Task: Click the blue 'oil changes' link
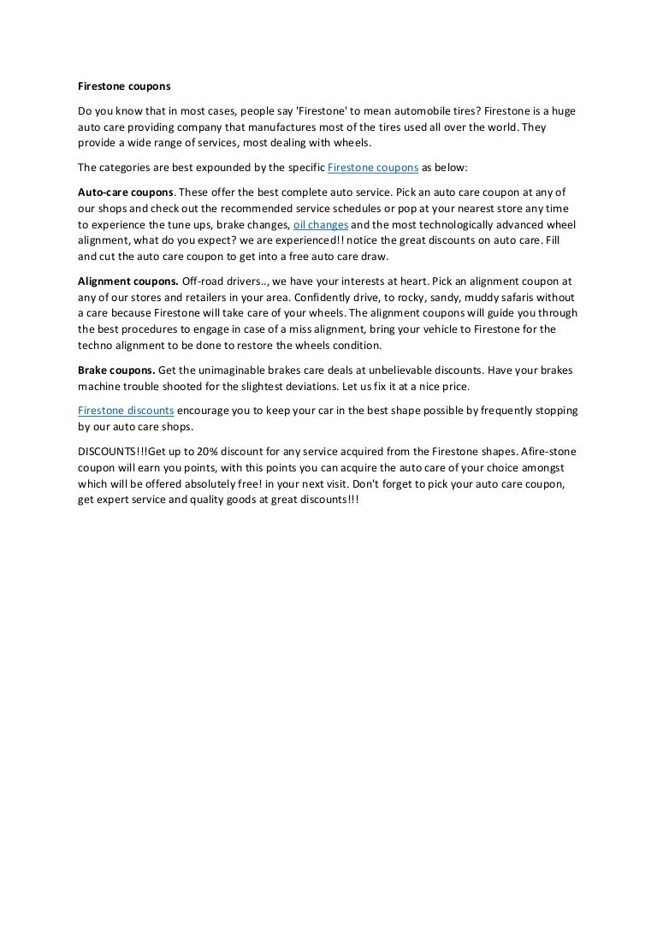pos(321,224)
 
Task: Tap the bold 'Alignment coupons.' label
pos(128,281)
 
